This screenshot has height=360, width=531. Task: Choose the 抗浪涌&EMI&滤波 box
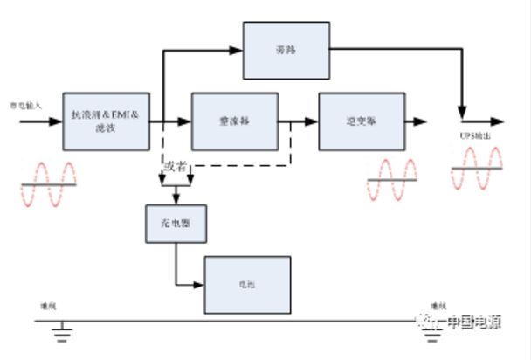[107, 120]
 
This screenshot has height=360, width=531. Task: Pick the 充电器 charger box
[175, 223]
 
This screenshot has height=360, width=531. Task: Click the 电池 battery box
[247, 284]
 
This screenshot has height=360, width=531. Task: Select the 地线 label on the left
[48, 307]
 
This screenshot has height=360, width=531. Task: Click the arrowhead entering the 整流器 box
[185, 120]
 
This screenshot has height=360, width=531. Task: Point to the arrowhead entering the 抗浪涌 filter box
[59, 120]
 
